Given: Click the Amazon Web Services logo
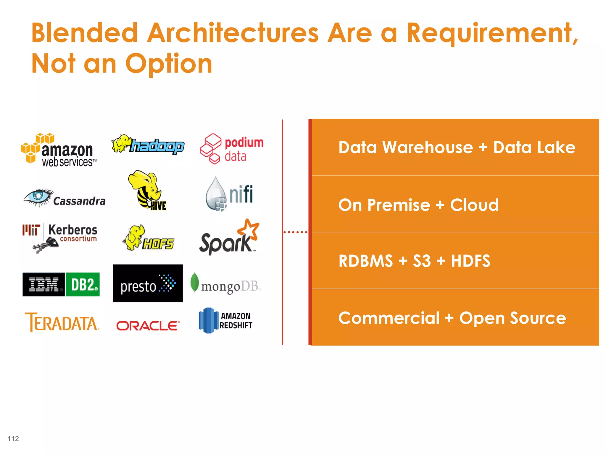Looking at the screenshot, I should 59,151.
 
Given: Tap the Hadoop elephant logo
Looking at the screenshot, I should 148,145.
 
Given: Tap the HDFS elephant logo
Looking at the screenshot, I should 148,238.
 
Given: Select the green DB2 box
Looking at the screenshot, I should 83,284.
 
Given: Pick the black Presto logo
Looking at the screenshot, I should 148,283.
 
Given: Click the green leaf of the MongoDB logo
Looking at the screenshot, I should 194,282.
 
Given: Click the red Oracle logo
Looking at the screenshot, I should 148,326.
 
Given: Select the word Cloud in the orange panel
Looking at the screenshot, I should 474,205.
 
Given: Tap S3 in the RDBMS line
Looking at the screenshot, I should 422,261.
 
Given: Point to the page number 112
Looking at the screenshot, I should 13,439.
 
